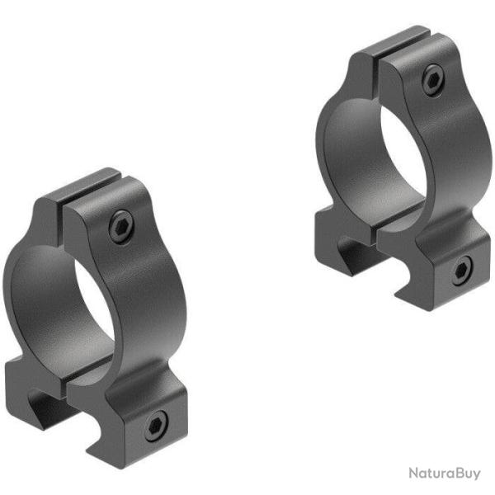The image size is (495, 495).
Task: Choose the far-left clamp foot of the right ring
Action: point(330,239)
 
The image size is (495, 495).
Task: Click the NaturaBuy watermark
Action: point(443,474)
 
